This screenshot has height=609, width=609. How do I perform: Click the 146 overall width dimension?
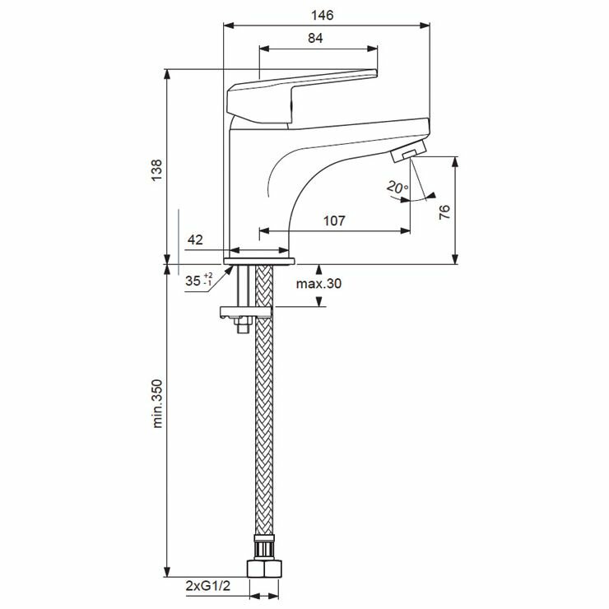tap(322, 15)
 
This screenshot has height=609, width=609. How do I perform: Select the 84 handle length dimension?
tap(315, 38)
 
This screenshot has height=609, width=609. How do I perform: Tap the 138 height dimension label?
tap(156, 170)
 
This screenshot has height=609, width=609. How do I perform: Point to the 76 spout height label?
tap(444, 212)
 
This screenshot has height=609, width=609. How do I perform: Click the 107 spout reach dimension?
tap(334, 221)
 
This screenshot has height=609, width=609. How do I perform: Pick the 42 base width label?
tap(195, 239)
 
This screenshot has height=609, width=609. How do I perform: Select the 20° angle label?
tap(397, 188)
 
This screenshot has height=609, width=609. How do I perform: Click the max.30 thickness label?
tap(318, 284)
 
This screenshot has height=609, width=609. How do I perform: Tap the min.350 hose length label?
tap(157, 403)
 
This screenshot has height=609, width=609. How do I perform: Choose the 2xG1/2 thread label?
tap(207, 586)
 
